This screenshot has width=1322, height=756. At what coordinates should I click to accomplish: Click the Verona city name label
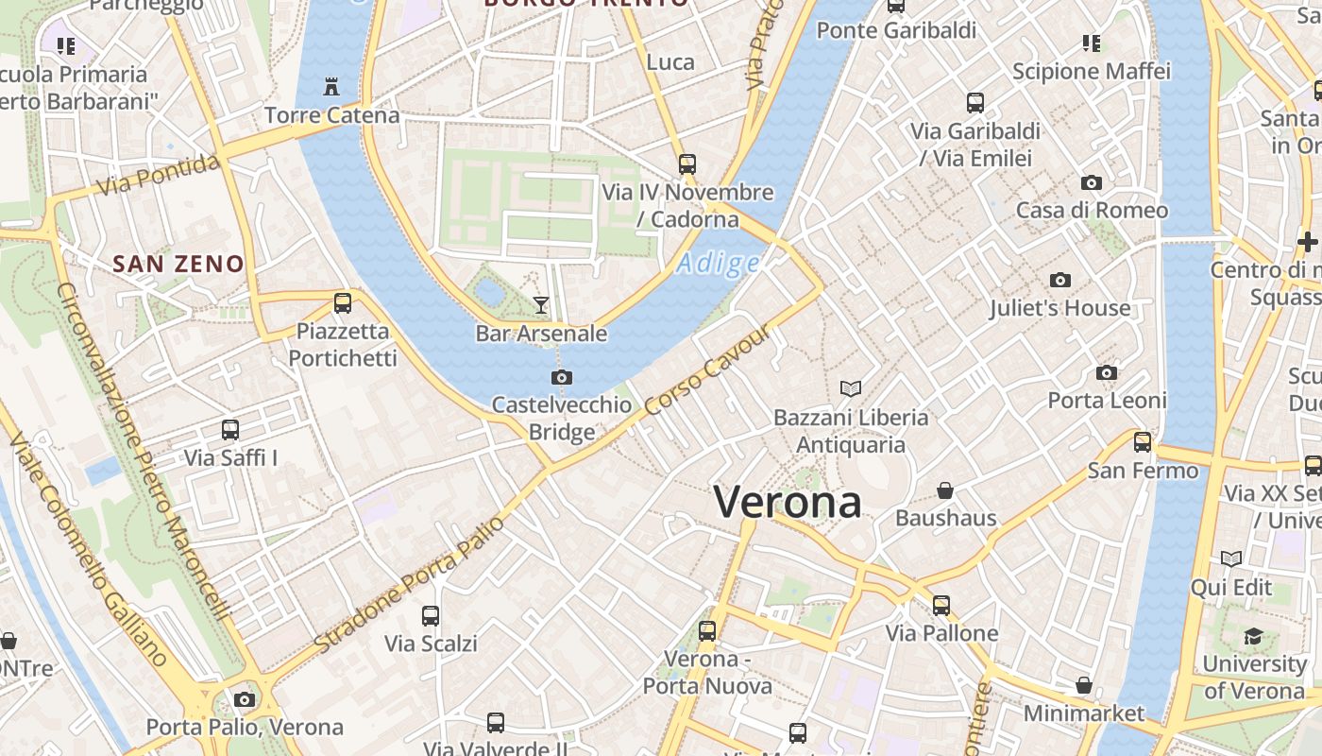787,501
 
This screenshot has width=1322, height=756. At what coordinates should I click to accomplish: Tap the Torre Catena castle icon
330,87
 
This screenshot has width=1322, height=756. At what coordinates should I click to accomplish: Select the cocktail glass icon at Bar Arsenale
540,304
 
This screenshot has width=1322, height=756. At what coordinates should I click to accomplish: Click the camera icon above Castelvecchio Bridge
561,377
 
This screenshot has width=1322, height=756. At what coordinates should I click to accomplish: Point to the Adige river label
718,264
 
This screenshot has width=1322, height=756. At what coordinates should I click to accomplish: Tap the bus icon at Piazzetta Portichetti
343,303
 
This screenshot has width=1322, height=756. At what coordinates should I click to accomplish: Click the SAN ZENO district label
178,264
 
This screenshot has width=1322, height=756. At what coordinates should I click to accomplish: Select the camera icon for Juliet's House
1059,280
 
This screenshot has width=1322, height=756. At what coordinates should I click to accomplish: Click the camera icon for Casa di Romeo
1092,182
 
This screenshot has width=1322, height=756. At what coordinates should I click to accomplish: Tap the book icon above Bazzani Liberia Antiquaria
851,388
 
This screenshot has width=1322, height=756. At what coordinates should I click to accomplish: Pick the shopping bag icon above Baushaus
944,490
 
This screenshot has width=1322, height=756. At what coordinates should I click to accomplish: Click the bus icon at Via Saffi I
230,430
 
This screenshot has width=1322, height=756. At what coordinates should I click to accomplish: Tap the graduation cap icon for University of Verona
1253,636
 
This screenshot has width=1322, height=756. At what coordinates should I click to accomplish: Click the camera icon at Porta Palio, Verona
245,699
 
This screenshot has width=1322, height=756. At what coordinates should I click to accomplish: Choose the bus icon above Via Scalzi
431,615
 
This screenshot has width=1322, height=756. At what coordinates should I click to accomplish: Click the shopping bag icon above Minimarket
1083,685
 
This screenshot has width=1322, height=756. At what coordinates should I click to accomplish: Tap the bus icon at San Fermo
1143,441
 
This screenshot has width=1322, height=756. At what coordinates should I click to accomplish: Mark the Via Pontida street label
158,176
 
